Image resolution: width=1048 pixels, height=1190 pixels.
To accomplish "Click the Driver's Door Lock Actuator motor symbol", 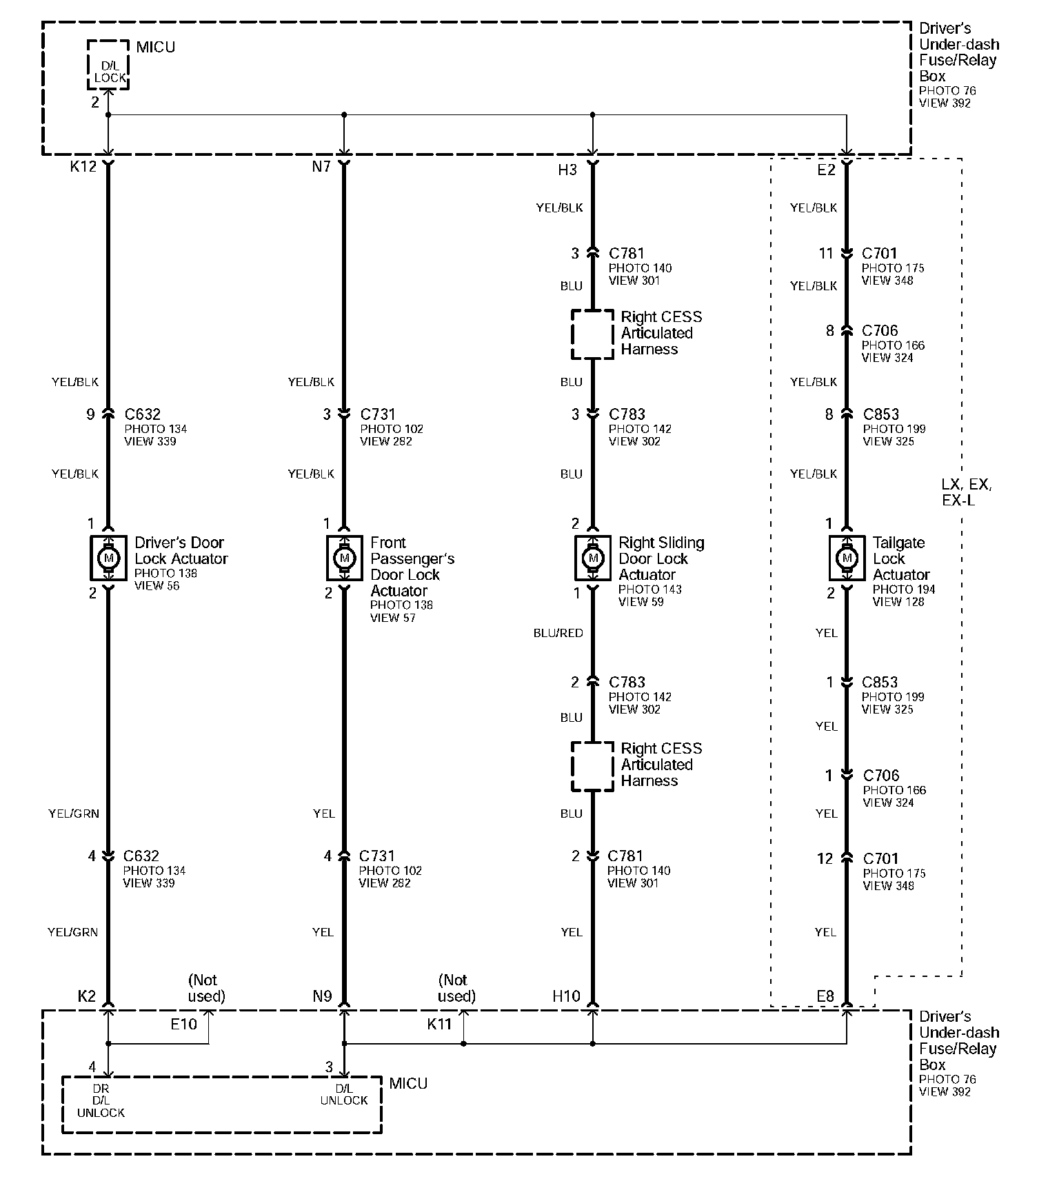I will [108, 557].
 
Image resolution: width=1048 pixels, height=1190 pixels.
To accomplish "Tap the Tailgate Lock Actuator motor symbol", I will [847, 557].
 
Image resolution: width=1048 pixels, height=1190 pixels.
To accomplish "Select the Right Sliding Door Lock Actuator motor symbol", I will [592, 557].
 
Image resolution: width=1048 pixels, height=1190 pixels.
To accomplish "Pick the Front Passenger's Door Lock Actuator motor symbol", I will [344, 557].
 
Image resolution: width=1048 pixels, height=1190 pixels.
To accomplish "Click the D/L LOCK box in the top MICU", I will [109, 65].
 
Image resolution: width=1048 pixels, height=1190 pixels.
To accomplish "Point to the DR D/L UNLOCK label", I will [101, 1100].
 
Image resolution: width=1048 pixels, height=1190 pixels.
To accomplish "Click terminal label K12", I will [83, 167].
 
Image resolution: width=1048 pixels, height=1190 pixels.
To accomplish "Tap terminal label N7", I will [321, 167].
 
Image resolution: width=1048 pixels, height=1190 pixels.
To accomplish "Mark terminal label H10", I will [566, 996].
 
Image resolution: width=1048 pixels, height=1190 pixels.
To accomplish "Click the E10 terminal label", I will [184, 1025].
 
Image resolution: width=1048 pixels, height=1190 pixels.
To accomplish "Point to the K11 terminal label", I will [439, 1025].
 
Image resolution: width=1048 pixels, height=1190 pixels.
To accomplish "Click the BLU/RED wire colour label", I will [558, 633].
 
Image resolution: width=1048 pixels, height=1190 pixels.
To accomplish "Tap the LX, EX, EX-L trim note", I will [966, 492].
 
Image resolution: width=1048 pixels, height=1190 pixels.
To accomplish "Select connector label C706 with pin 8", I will [880, 331].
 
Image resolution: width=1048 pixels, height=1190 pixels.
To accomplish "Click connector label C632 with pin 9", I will [143, 414].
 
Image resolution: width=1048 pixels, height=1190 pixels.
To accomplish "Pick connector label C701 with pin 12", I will [880, 859].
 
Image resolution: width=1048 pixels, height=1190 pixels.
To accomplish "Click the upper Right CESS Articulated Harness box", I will [592, 334].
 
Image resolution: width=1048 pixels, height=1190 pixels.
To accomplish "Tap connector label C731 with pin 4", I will [376, 856].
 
